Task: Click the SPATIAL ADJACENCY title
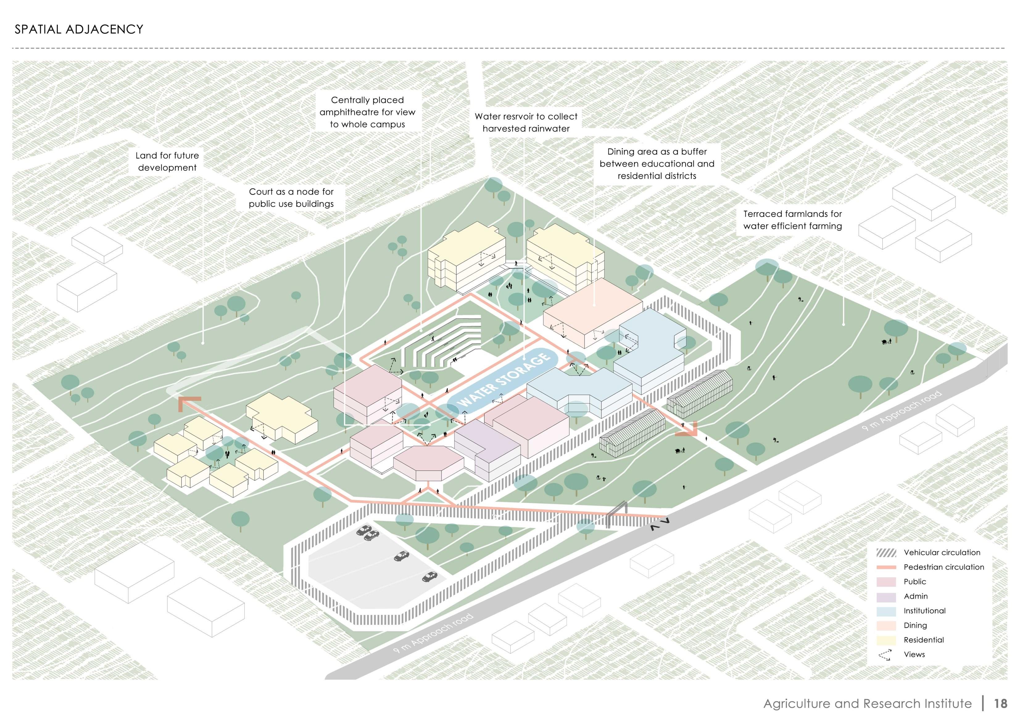coord(79,29)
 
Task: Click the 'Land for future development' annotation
coord(167,162)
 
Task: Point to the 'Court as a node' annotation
coord(291,198)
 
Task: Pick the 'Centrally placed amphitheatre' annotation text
coord(367,112)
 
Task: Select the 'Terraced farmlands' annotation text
coord(793,220)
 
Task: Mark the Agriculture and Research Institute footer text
coord(867,704)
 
